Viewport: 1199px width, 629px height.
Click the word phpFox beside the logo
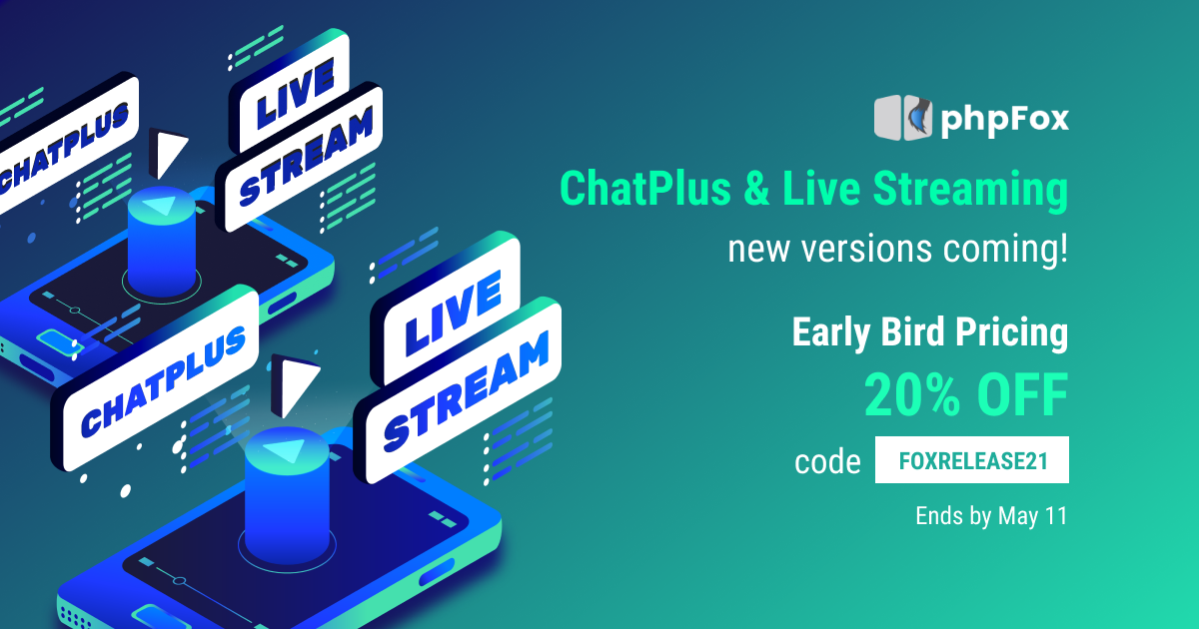tap(1004, 120)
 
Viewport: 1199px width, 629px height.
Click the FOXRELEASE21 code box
tap(972, 461)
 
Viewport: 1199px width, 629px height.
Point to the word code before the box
tap(827, 462)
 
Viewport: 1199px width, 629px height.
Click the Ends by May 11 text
tap(991, 517)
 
